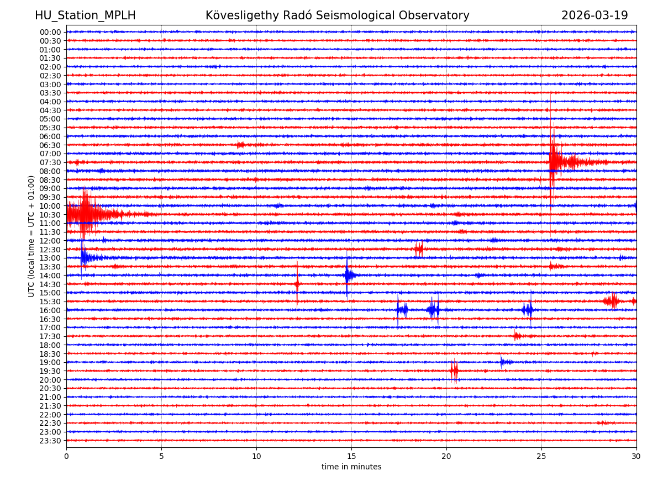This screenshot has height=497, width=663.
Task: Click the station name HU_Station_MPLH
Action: tap(85, 15)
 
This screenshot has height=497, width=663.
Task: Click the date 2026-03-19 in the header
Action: tap(594, 15)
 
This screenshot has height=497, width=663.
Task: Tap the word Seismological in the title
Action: tap(371, 15)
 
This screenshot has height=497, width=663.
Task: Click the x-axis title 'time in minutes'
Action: tap(351, 467)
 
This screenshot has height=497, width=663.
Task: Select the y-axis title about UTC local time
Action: tap(31, 236)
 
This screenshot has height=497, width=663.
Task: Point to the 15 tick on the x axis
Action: tap(351, 457)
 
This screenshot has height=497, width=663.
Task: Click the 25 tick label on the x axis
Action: tap(541, 457)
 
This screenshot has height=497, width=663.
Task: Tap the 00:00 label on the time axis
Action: tap(50, 32)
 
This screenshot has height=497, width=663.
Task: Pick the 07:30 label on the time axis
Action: tap(50, 162)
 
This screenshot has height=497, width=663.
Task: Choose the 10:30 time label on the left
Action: tap(50, 215)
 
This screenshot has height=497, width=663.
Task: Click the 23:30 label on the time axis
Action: tap(50, 441)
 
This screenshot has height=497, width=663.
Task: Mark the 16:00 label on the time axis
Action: tap(50, 310)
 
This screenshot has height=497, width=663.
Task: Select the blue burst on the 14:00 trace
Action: tap(348, 275)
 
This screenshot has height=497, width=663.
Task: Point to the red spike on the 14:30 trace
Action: tap(297, 284)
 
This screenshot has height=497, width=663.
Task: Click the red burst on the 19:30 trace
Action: tap(454, 371)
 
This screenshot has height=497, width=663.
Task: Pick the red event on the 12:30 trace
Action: tap(419, 249)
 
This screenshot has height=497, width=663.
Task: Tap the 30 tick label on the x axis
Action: tap(636, 457)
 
